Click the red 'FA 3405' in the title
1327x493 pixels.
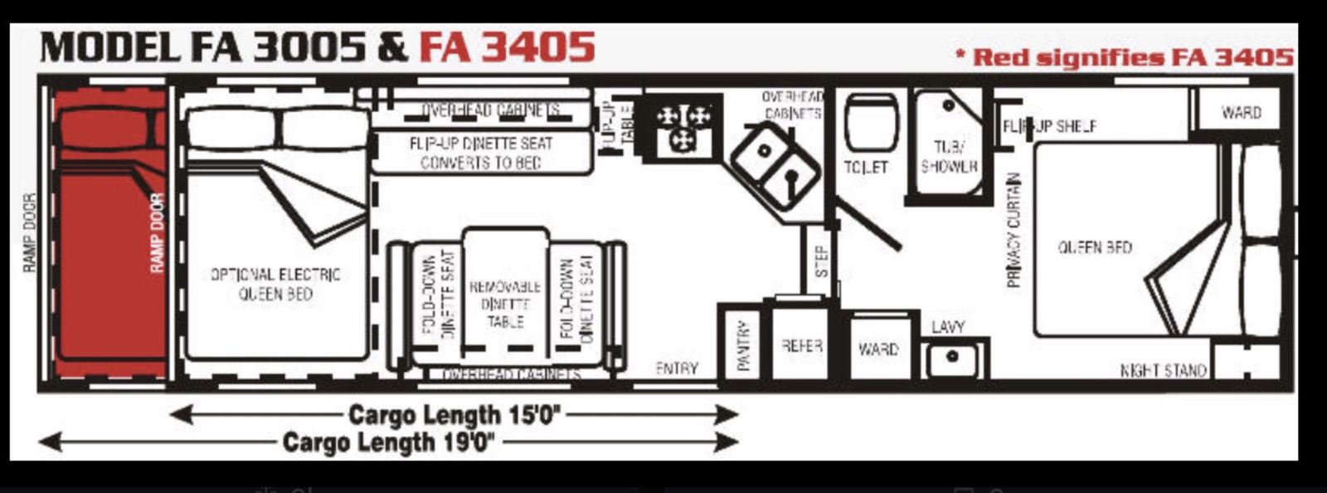pos(507,46)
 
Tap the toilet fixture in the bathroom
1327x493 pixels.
pos(870,124)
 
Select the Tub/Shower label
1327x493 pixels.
pos(949,157)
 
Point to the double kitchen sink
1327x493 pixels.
pos(775,166)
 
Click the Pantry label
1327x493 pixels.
pos(743,345)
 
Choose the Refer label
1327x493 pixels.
pos(801,345)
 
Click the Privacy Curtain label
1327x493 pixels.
pos(1013,230)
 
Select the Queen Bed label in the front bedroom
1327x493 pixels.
pos(1095,247)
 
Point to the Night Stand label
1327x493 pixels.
pos(1163,370)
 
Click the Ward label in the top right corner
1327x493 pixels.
pos(1241,112)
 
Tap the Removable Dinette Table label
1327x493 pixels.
pos(505,304)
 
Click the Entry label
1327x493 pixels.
pos(676,368)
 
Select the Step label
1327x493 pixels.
pos(821,261)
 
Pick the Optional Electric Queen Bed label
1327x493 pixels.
pos(275,283)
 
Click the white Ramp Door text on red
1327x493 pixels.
pos(158,232)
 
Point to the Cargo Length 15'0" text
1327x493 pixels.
pos(454,414)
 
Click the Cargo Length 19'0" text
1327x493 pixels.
pos(389,442)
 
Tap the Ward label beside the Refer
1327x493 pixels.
pos(878,349)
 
